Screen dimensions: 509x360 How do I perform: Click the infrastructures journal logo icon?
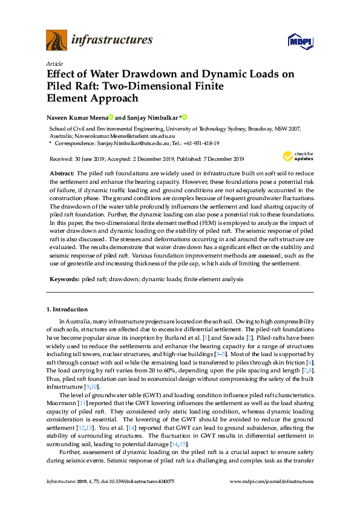pos(56,41)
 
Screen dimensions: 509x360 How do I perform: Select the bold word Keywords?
pos(63,279)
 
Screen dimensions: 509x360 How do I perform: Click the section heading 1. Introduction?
pos(67,310)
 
